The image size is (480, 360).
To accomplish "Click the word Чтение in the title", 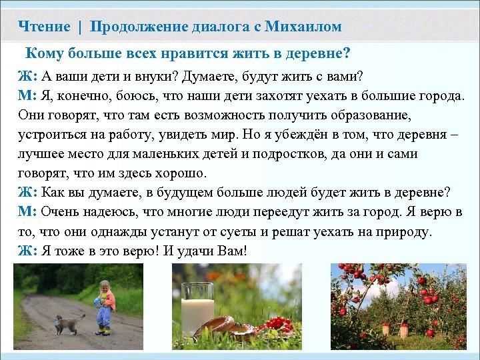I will point(45,27).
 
